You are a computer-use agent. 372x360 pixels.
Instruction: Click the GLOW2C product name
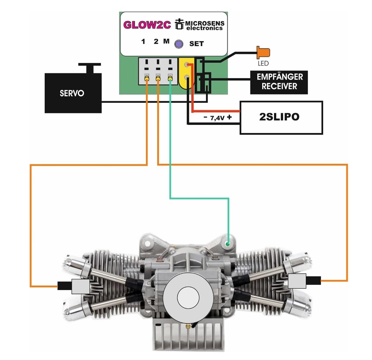point(147,25)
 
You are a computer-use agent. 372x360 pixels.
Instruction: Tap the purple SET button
point(179,44)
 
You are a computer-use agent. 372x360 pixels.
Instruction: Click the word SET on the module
point(196,44)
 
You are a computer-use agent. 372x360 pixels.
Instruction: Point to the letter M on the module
point(166,41)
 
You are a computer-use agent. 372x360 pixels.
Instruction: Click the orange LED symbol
point(264,52)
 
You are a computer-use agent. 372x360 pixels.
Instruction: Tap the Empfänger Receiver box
point(279,82)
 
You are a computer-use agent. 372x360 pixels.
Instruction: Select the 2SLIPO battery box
point(282,117)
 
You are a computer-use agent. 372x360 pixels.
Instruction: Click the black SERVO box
point(73,93)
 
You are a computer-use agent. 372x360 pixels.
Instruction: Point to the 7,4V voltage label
point(217,118)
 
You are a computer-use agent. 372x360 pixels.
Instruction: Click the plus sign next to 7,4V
point(229,117)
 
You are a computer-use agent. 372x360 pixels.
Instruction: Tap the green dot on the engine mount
point(228,244)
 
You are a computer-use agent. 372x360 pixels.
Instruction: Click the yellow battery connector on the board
point(187,73)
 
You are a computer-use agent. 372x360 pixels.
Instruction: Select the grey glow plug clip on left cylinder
point(81,286)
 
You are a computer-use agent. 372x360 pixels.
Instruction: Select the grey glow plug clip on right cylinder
point(297,281)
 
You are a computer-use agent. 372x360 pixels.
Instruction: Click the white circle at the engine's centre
point(188,297)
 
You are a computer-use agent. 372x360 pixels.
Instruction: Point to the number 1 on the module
point(143,42)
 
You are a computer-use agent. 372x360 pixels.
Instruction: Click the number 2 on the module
point(156,42)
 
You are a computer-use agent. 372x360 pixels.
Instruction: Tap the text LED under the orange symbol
point(263,63)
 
